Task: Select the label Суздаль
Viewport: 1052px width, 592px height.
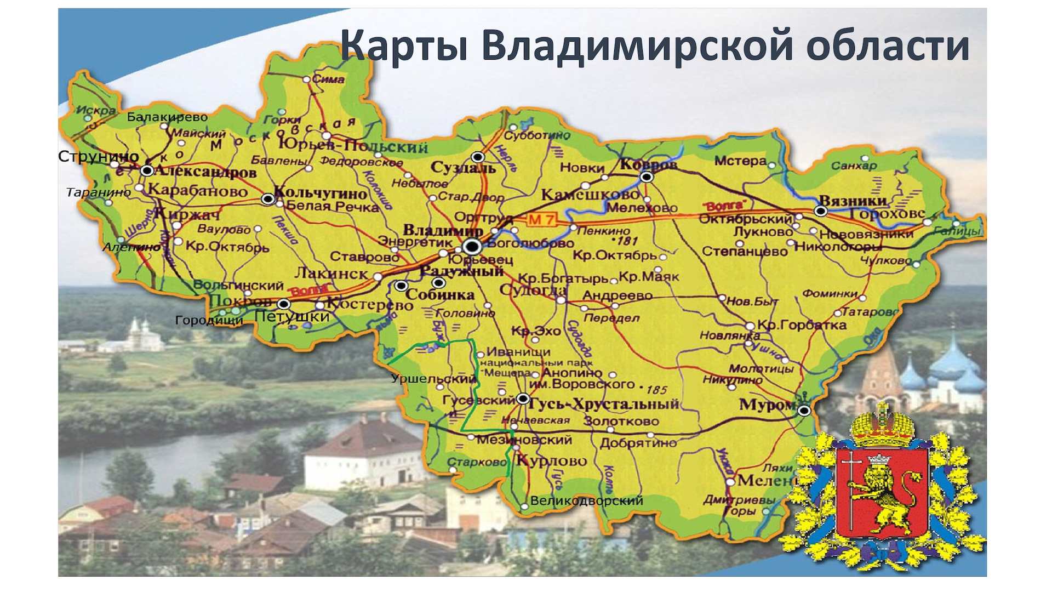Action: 463,168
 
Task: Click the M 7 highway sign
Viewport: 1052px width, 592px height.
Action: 541,220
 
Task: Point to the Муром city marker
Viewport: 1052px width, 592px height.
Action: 804,411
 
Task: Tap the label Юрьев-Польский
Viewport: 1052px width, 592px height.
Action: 353,146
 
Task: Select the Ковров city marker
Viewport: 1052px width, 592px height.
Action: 647,177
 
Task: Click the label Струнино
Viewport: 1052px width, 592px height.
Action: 98,157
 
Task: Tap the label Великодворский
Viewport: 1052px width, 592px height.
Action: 586,500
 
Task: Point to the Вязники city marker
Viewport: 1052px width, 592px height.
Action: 820,211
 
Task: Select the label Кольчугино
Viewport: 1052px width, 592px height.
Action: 321,193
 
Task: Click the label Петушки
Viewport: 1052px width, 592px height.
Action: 292,316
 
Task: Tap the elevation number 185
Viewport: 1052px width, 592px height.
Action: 656,390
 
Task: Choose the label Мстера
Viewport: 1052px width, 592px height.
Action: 740,161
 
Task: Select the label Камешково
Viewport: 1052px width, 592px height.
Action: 590,195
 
